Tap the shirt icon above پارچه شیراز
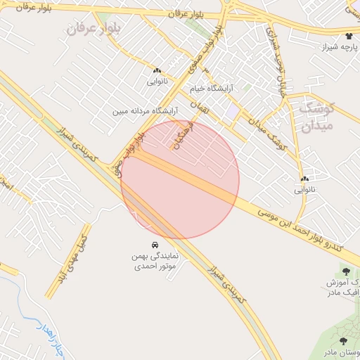click(x=349, y=35)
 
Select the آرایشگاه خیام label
click(x=211, y=89)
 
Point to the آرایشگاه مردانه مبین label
click(x=143, y=111)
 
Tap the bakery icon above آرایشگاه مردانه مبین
click(x=156, y=71)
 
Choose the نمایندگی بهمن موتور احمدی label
click(x=155, y=262)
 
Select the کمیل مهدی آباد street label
click(x=72, y=251)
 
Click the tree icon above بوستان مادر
click(x=343, y=340)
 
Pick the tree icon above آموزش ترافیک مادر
click(x=346, y=270)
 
